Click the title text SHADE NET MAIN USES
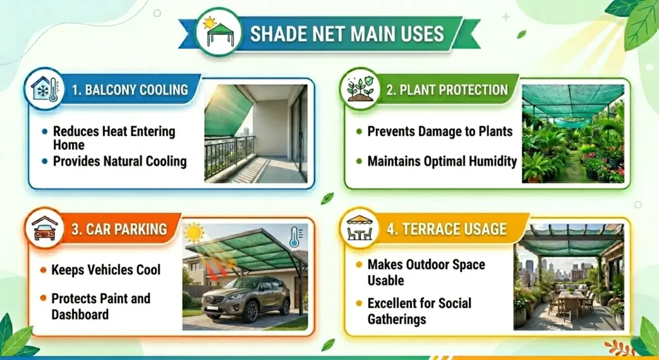[347, 33]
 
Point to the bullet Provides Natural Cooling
[120, 161]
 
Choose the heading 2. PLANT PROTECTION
[447, 90]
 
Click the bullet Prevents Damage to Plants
[440, 131]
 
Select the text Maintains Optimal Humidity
[442, 161]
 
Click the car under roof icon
[44, 229]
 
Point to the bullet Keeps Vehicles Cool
[106, 269]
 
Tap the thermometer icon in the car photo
[294, 236]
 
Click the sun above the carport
[194, 231]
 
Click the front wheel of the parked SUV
[213, 310]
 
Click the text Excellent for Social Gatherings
[419, 310]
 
